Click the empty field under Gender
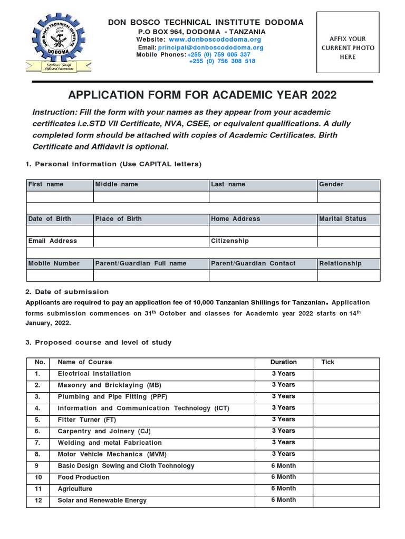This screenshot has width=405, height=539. (348, 197)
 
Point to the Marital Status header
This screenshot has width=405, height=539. (342, 218)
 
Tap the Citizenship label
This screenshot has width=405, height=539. (229, 241)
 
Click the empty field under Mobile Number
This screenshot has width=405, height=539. (60, 275)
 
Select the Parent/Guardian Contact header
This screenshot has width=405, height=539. (253, 263)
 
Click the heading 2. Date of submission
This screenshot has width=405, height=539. (67, 292)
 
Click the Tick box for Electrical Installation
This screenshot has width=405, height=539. (346, 374)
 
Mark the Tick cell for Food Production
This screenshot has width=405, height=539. (346, 478)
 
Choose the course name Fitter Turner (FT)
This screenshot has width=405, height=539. (86, 420)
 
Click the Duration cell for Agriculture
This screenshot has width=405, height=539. (283, 488)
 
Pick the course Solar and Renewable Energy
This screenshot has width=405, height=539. (102, 501)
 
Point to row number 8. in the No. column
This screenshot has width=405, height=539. (37, 454)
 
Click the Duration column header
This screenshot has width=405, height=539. (283, 362)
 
